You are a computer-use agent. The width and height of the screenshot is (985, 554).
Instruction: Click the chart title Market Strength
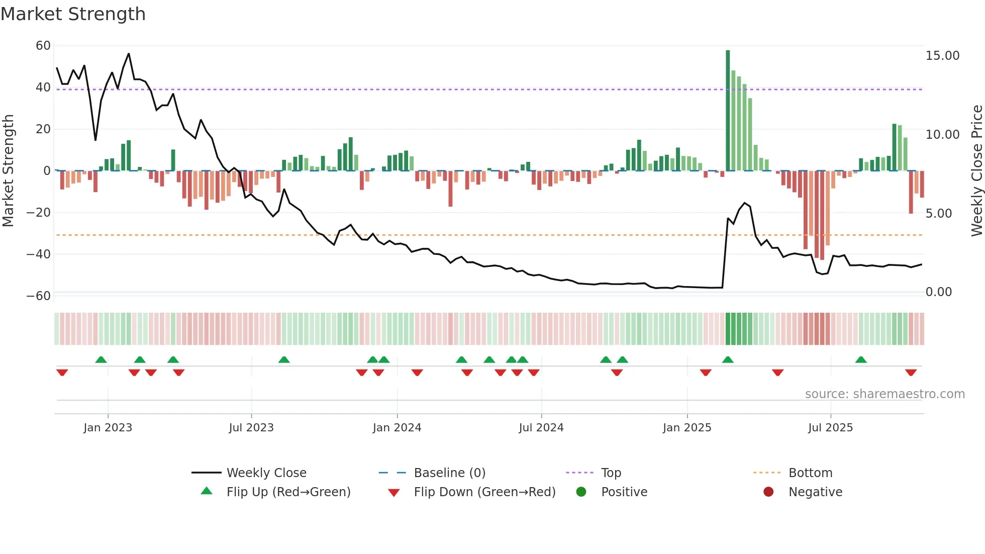[x=73, y=14]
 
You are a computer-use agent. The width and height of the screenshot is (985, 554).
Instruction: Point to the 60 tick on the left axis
[x=43, y=46]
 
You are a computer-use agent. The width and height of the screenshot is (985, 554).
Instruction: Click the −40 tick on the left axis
[x=39, y=254]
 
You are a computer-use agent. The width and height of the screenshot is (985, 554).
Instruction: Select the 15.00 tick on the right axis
[x=942, y=56]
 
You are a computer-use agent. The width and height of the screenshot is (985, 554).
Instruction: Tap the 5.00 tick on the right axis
[x=938, y=214]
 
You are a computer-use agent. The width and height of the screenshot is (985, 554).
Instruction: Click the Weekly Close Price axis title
[x=976, y=171]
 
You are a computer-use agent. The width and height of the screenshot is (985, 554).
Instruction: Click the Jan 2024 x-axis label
[x=397, y=428]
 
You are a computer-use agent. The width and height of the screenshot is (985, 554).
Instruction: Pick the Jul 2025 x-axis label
[x=830, y=428]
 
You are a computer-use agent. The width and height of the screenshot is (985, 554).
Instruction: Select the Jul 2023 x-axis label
[x=251, y=428]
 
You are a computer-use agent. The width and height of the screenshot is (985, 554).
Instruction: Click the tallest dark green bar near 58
[x=728, y=111]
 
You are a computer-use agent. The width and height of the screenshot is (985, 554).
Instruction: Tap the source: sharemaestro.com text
[x=884, y=394]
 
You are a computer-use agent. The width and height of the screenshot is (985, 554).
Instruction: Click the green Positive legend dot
[x=581, y=492]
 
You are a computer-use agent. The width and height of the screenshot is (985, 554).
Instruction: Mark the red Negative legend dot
[x=768, y=492]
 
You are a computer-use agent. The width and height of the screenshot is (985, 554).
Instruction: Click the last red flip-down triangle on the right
[x=911, y=373]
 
